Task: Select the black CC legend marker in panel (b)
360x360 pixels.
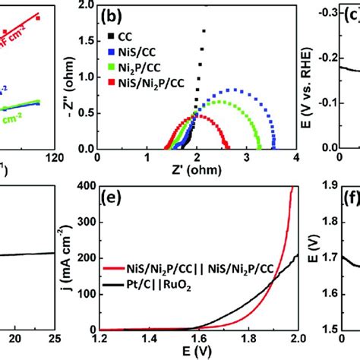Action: coord(112,33)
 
